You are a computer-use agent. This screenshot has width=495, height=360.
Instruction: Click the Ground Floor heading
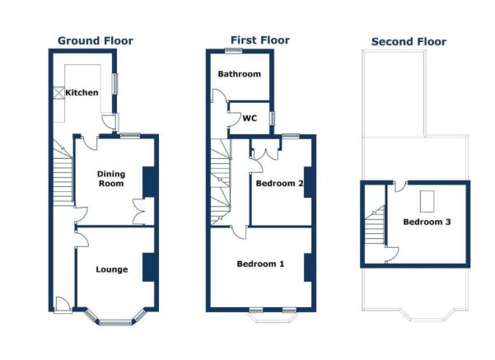click(x=95, y=40)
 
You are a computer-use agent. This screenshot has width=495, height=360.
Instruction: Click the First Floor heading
click(x=260, y=40)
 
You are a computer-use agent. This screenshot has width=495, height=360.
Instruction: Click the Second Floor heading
click(x=409, y=41)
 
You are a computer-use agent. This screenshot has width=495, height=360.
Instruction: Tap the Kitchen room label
click(x=82, y=92)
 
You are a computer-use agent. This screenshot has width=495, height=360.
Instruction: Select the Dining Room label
click(x=110, y=178)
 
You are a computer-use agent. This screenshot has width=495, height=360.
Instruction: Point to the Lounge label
click(x=111, y=269)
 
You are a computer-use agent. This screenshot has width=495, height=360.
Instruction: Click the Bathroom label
click(x=239, y=74)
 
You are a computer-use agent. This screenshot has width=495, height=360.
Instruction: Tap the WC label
click(x=250, y=118)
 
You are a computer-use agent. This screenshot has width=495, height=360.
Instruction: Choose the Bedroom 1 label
click(x=260, y=264)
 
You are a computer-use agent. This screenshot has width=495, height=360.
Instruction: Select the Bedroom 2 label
click(x=277, y=183)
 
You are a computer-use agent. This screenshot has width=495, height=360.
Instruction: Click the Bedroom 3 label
click(x=426, y=222)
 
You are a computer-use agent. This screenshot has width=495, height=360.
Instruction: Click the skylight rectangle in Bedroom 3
click(x=427, y=201)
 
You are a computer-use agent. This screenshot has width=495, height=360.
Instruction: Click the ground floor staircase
click(x=63, y=177)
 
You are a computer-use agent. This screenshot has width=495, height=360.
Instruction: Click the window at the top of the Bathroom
click(x=239, y=52)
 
